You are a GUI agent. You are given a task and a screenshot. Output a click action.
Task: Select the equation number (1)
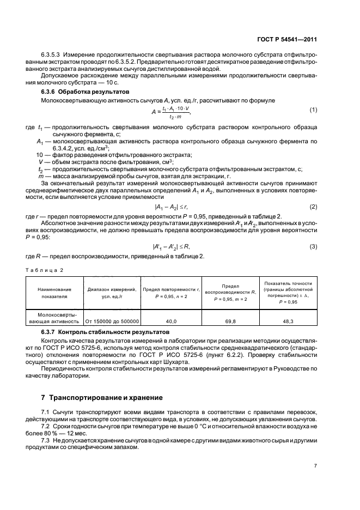[313, 110]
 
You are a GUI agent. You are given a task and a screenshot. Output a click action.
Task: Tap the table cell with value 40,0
[171, 321]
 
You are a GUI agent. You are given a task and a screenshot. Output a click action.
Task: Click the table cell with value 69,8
[227, 321]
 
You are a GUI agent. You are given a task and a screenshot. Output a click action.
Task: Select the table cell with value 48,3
[287, 321]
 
